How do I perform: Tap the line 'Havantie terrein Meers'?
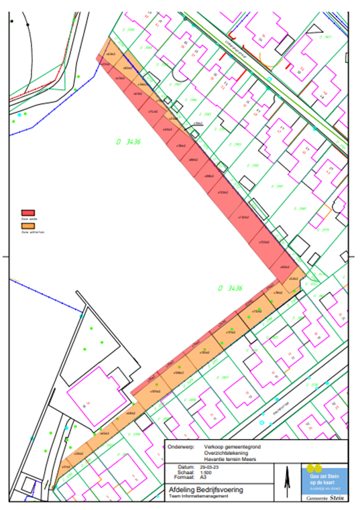pos(229,459)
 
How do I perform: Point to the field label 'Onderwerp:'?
pos(184,446)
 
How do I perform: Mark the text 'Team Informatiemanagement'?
pos(198,497)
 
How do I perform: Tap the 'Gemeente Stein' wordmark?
pos(326,500)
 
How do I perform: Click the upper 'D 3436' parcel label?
pos(127,141)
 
